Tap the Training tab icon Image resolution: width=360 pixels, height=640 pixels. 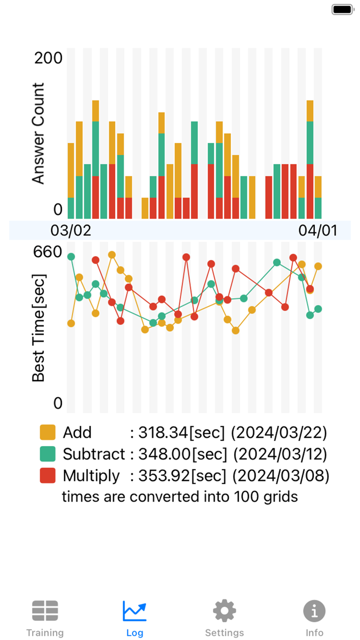(45, 611)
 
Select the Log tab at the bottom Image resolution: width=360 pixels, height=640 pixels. (135, 611)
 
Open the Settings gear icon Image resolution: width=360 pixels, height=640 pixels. (225, 611)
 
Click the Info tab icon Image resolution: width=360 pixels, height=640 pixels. (314, 611)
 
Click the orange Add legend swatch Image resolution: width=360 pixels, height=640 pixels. (48, 433)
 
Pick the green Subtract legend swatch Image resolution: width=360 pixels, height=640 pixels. (48, 454)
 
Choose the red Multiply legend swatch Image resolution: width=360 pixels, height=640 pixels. (48, 476)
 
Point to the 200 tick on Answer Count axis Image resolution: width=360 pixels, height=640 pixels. (48, 58)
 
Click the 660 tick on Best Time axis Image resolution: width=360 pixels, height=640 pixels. (48, 252)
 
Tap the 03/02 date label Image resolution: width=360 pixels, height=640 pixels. (71, 230)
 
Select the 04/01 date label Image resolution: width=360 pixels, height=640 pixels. (318, 230)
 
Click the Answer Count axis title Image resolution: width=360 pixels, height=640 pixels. (39, 133)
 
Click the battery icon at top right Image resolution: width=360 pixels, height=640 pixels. (341, 9)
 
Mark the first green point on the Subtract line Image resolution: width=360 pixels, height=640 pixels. (71, 257)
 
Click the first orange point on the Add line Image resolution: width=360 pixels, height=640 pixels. (71, 323)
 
